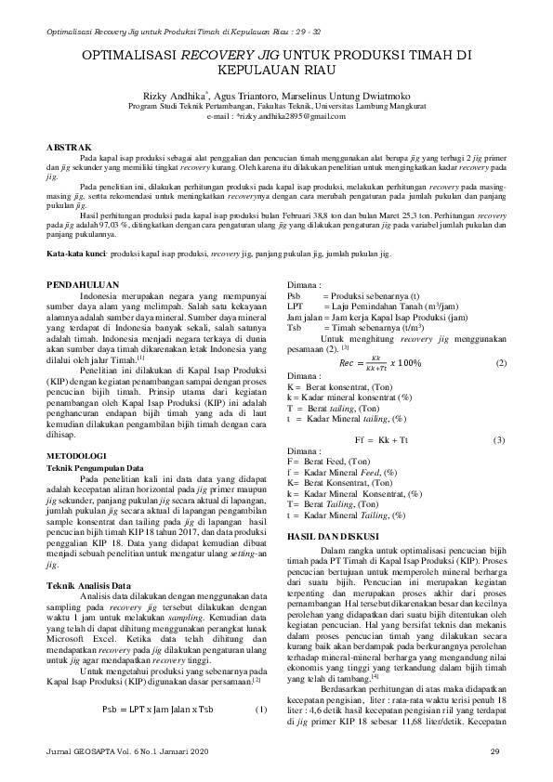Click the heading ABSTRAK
(70, 147)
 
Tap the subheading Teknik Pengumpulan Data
(96, 468)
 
